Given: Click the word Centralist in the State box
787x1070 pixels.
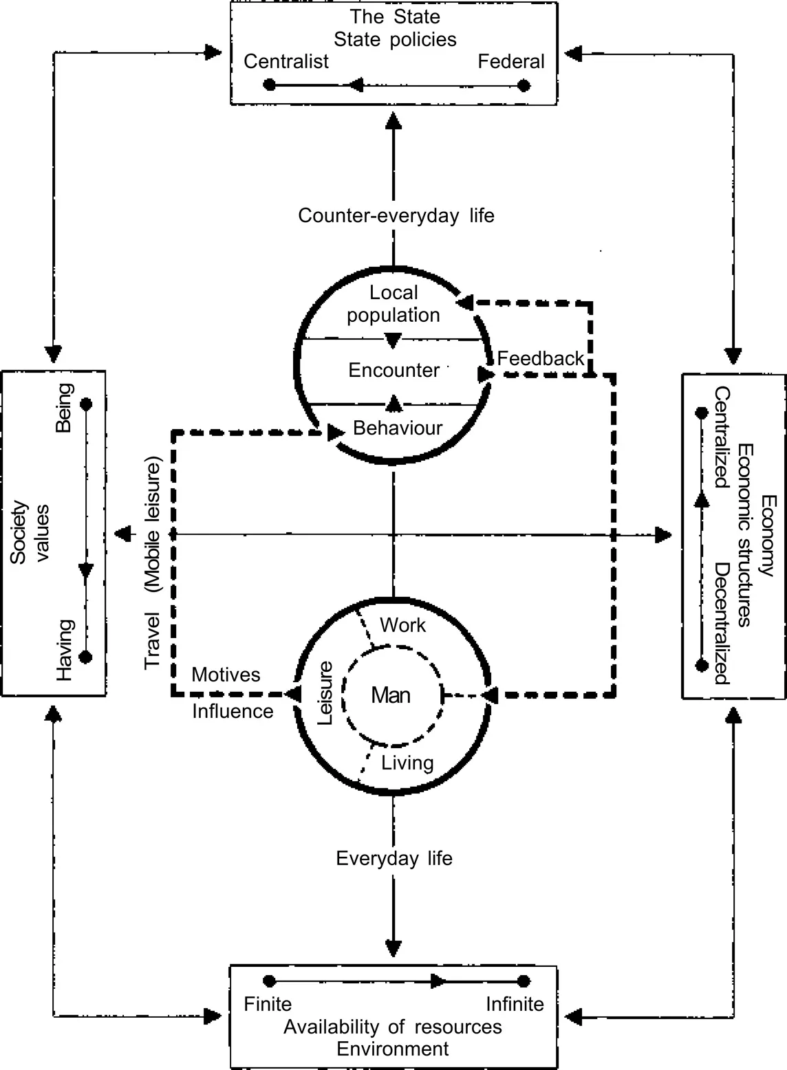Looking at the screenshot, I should tap(286, 62).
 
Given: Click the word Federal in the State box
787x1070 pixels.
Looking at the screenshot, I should tap(511, 62).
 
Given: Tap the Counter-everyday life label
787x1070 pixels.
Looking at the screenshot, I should tap(396, 216).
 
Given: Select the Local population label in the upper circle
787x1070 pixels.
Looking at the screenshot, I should tap(393, 304).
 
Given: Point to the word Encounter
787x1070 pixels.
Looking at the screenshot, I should tap(393, 371).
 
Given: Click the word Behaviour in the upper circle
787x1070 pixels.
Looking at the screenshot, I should tap(398, 428).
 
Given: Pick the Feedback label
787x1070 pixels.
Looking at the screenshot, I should tap(541, 358).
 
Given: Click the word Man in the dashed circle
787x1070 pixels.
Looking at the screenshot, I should tap(391, 695).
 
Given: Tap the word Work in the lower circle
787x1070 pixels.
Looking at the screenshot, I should tap(403, 625).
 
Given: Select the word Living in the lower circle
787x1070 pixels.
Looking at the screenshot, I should tap(407, 763).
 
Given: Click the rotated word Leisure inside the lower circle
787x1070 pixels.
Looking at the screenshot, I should tap(325, 693).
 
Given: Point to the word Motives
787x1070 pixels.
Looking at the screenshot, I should tap(226, 675).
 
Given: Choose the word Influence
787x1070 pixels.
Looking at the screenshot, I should tap(233, 711).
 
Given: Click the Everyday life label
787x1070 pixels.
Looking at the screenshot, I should tap(394, 858).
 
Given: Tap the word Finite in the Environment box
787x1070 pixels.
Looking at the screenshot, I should tap(268, 1005).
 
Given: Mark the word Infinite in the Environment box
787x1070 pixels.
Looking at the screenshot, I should tap(515, 1005).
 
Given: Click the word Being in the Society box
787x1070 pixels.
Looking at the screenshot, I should tap(64, 408).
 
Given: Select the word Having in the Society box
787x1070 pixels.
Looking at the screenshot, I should tap(65, 650).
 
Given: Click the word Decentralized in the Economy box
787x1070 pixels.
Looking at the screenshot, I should tap(721, 624).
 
